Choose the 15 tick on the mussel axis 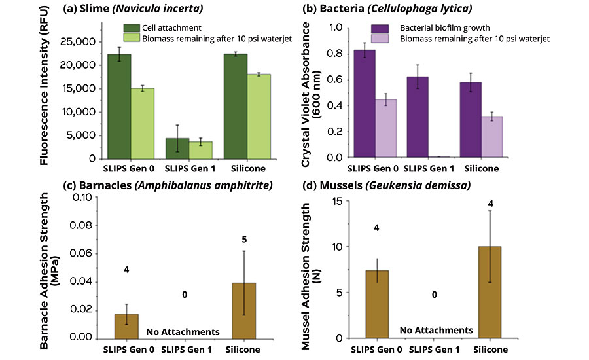[340, 201]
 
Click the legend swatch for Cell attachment [131, 28]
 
